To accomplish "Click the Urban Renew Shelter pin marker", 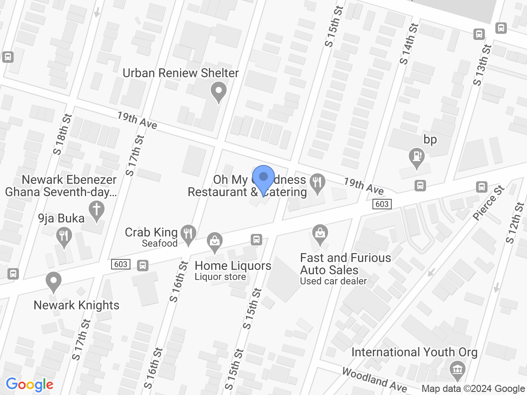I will click(x=218, y=92).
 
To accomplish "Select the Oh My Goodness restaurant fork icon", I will click(x=317, y=181).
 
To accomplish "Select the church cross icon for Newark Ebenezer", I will click(x=97, y=209).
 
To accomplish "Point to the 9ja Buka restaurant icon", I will click(x=65, y=237).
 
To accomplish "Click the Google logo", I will click(x=29, y=384).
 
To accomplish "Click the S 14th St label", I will click(x=408, y=44).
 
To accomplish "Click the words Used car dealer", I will click(x=333, y=281).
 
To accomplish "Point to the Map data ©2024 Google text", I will click(x=473, y=388).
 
